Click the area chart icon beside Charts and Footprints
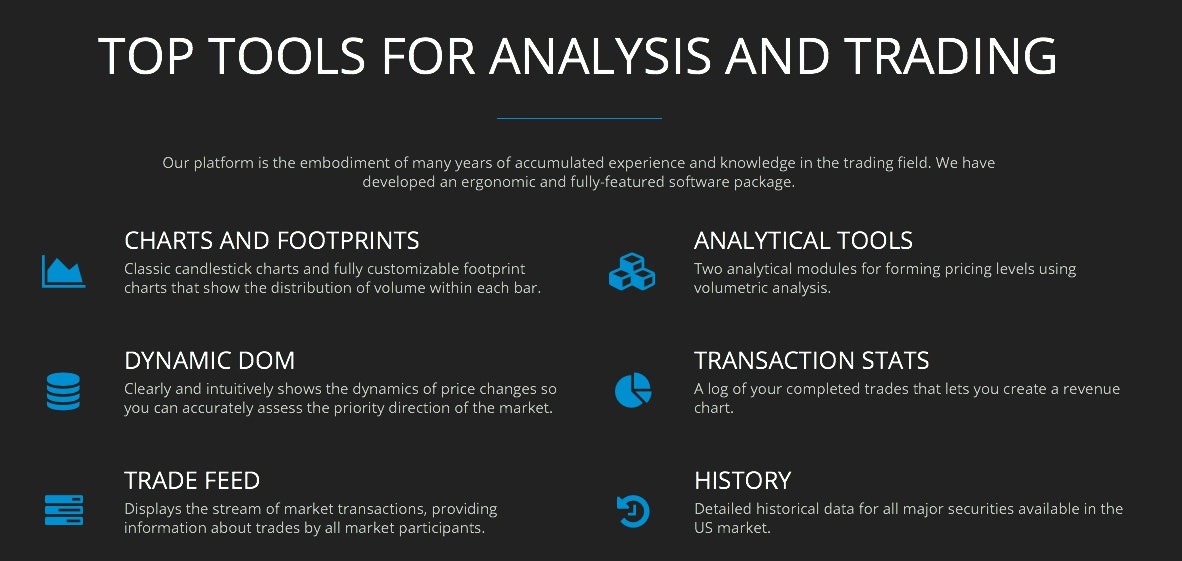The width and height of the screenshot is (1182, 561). [63, 271]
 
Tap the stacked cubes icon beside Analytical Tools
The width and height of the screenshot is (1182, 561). [632, 271]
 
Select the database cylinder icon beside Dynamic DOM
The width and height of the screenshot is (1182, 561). [63, 390]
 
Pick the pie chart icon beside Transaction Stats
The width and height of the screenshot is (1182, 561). [632, 390]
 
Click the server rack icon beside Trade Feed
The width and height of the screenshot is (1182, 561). [63, 510]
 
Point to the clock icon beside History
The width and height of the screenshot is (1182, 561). [632, 511]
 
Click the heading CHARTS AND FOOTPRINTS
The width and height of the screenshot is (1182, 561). [271, 241]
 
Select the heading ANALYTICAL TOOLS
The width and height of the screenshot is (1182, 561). [803, 241]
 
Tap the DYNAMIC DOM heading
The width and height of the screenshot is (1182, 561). [209, 361]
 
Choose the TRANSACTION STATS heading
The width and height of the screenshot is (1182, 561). [811, 361]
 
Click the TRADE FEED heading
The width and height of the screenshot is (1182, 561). [192, 481]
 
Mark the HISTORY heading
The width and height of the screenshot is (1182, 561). [742, 481]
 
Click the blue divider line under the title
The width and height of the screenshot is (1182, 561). [579, 118]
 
